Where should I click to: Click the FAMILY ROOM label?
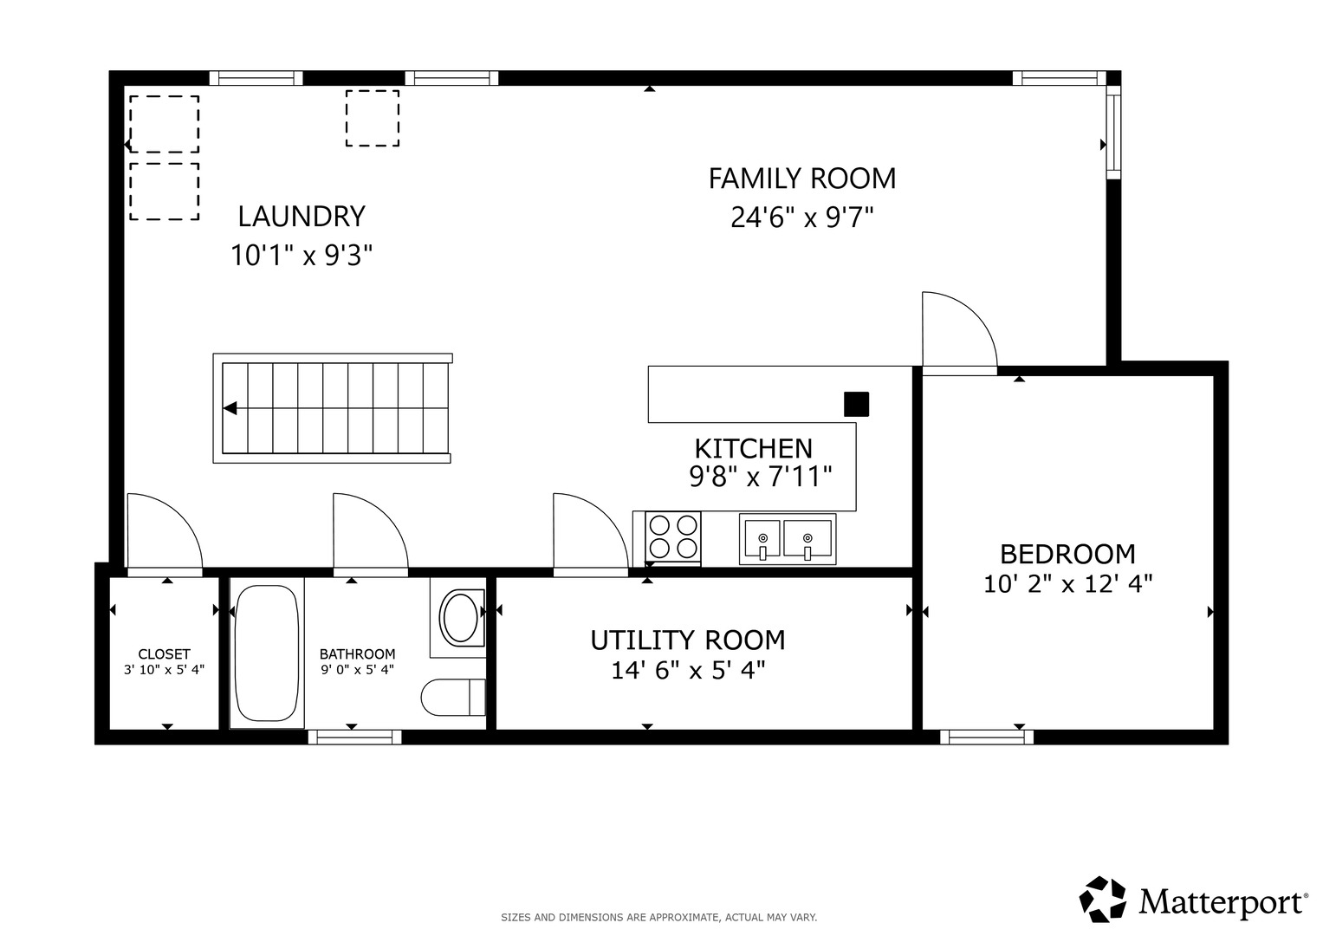tap(801, 179)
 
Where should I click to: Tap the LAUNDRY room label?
tap(302, 217)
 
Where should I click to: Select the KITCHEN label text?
tap(753, 449)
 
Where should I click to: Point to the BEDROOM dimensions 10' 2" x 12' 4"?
tap(1068, 584)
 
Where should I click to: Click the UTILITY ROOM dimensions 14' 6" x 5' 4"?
tap(688, 671)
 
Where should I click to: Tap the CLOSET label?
tap(165, 654)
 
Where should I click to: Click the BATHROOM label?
tap(357, 654)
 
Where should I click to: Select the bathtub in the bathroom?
tap(267, 653)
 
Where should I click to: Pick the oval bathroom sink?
tap(460, 619)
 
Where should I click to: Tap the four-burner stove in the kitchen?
tap(672, 536)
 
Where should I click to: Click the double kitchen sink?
tap(788, 539)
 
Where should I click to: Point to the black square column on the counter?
tap(856, 404)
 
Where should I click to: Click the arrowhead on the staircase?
tap(230, 408)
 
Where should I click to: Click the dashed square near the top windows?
tap(372, 118)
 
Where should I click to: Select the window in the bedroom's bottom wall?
tap(987, 737)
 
